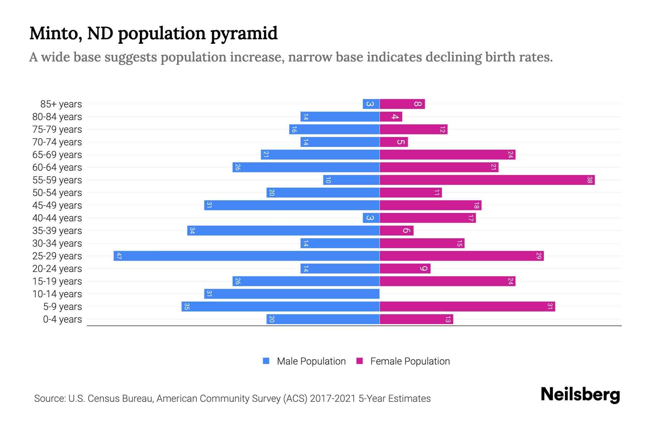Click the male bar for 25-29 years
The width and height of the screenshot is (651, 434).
coord(246,256)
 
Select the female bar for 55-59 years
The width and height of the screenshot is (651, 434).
coord(487,180)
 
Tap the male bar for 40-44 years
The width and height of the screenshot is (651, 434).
coord(371,218)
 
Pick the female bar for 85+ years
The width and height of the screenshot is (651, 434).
coord(402,104)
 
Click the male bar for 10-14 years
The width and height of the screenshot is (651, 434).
coord(292,294)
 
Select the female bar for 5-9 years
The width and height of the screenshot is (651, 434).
coord(467,307)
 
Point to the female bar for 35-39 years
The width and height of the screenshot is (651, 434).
coord(396,231)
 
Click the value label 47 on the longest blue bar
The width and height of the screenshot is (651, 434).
coord(119,256)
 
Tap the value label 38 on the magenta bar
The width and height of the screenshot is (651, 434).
coord(590,180)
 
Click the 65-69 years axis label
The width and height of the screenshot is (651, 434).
coord(57,155)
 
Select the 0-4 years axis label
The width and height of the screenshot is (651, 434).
coord(62,319)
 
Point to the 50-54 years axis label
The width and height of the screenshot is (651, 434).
coord(57,193)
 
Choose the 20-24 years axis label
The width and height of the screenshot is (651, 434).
coord(57,269)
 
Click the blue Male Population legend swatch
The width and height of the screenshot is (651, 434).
coord(266,361)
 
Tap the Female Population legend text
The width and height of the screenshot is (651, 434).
coord(410,361)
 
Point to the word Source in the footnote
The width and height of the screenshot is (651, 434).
coord(49,399)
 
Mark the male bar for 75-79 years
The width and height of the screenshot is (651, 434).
coord(334,129)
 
